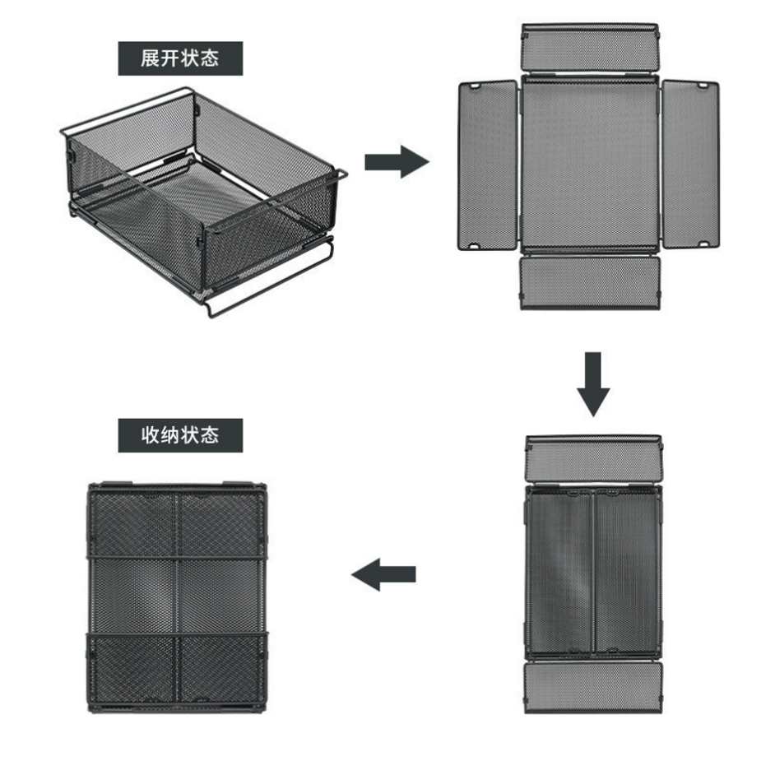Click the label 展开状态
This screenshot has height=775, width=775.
(x=179, y=58)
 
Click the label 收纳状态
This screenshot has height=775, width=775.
(x=179, y=435)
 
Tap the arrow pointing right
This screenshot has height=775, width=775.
(x=397, y=161)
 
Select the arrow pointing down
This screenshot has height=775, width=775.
(x=593, y=384)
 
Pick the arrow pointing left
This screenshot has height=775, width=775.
(x=383, y=574)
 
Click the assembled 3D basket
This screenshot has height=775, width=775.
(x=203, y=202)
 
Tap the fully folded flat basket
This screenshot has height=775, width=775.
(x=177, y=597)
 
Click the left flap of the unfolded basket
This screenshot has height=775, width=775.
(x=488, y=165)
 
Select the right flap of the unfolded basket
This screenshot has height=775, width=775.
(x=690, y=165)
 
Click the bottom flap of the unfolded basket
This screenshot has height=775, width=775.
(x=590, y=283)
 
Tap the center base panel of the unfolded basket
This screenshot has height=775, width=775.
(x=590, y=164)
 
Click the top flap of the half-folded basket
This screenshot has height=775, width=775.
(x=594, y=459)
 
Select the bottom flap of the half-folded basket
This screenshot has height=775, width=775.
(x=592, y=688)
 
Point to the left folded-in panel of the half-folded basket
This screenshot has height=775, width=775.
(x=559, y=573)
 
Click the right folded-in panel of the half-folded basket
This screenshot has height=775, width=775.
(x=627, y=573)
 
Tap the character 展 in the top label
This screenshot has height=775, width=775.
(x=150, y=58)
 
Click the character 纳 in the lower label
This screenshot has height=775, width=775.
(x=169, y=435)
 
